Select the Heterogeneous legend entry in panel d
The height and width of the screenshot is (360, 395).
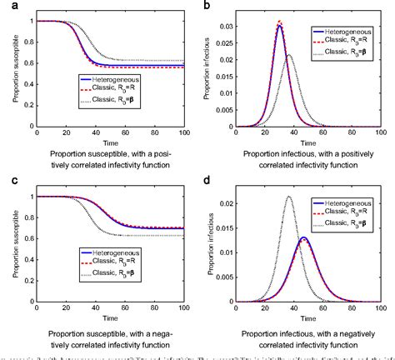click(350, 205)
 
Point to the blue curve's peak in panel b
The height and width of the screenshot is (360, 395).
click(279, 26)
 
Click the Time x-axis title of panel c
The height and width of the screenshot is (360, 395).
click(111, 317)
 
